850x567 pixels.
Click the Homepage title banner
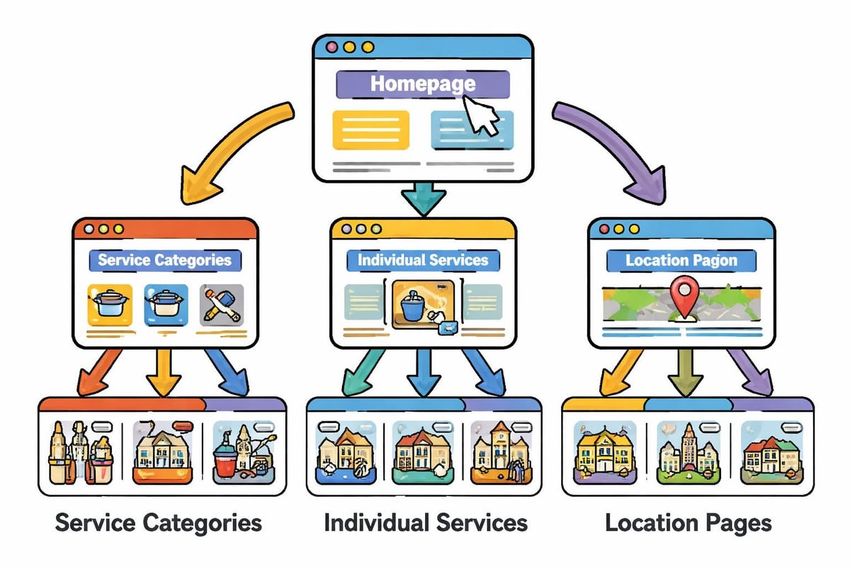click(422, 84)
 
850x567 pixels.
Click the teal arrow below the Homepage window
click(423, 197)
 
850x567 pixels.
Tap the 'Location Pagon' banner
click(681, 260)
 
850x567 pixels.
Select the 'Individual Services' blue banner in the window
click(422, 259)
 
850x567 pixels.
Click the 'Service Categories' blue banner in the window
click(164, 259)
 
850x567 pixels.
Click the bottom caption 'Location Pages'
click(688, 524)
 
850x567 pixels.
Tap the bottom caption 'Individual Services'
click(425, 524)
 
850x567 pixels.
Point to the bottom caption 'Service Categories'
click(158, 524)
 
